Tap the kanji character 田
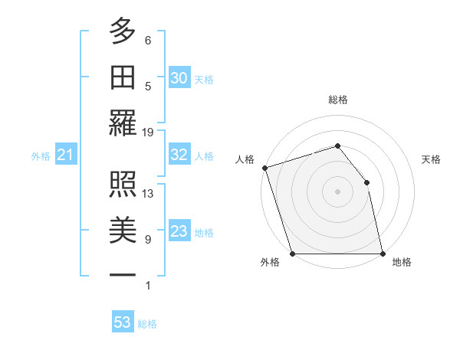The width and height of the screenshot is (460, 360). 123,77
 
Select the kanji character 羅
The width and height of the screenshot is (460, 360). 123,123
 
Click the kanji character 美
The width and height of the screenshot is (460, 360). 123,230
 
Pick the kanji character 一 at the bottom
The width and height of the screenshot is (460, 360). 123,274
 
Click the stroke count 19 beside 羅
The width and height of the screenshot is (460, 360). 148,132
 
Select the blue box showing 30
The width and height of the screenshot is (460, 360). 179,77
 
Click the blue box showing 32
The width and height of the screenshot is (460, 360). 179,155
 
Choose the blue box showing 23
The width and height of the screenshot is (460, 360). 179,231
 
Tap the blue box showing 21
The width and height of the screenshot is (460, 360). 65,155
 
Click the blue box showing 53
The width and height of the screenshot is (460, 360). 123,322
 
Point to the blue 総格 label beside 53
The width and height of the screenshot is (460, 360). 147,324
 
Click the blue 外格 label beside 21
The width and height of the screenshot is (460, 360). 41,156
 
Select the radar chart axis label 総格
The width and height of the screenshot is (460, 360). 337,100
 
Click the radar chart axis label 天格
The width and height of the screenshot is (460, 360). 431,159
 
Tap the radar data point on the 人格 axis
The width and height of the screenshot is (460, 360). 264,168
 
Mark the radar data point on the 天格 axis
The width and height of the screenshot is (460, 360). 366,182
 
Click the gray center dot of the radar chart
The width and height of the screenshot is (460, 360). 337,191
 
